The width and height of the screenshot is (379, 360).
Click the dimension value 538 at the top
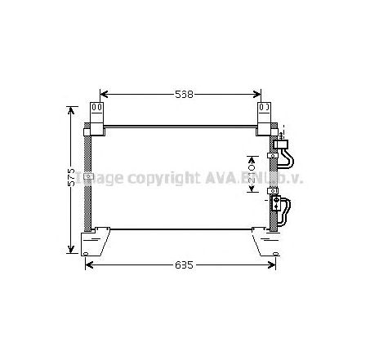pos(184,95)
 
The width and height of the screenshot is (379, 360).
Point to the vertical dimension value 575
pos(72,178)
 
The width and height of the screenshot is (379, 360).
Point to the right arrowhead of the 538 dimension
pos(265,95)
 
